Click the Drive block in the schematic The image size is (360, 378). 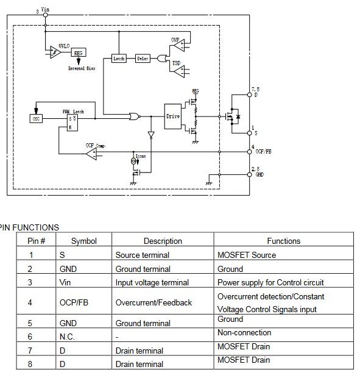coord(173,116)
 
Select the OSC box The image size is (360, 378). coord(35,118)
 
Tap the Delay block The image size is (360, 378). coord(143,59)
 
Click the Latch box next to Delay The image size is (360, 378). coord(119,59)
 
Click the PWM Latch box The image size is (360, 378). coord(73,121)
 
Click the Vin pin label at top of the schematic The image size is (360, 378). coord(44,10)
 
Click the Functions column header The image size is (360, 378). coord(284,241)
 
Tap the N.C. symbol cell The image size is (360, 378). coord(68,336)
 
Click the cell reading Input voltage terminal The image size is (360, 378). coord(152,282)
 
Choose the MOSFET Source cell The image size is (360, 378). coord(247,255)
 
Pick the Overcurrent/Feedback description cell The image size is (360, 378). coord(154,302)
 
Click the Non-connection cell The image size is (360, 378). coord(244,333)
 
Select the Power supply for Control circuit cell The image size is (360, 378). coord(270,282)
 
